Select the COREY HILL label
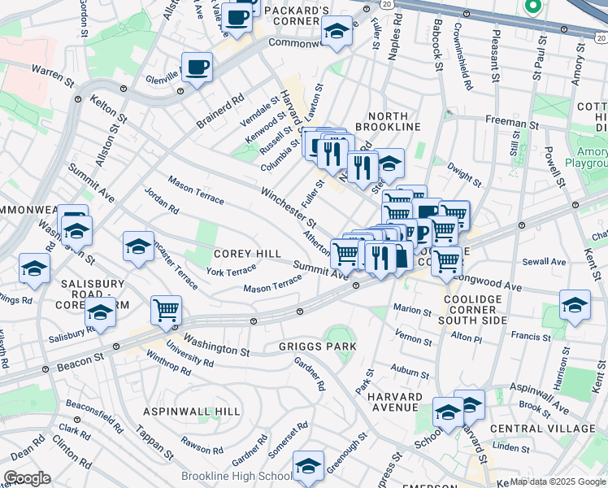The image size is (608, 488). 246,254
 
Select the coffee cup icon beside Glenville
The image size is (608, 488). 197,67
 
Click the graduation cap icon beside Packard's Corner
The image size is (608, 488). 337,32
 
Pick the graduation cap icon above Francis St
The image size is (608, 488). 575,305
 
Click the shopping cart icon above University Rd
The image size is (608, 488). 166,310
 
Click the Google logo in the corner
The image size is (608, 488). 27,478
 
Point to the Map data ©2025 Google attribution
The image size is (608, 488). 556,481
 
